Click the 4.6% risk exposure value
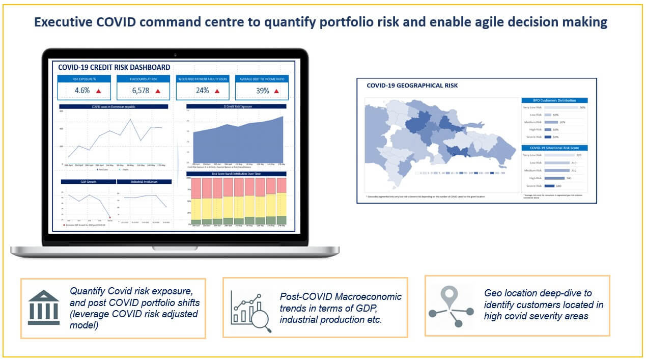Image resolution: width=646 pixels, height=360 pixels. (82, 91)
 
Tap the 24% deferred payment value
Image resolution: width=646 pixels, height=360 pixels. (202, 91)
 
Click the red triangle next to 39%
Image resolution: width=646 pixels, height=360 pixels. (276, 91)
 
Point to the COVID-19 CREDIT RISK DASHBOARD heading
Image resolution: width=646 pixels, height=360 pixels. (114, 67)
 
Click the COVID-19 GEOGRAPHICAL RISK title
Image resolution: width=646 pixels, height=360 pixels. (412, 86)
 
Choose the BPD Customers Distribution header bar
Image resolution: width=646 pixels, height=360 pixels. (554, 100)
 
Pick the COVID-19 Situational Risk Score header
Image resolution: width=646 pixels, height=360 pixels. (554, 148)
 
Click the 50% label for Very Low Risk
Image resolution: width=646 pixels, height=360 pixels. (582, 107)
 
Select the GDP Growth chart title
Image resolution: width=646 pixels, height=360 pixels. (89, 182)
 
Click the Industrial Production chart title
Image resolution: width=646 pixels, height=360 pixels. (145, 182)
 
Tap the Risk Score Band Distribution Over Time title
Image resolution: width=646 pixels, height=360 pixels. (236, 174)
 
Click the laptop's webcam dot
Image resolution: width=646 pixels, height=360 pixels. (175, 54)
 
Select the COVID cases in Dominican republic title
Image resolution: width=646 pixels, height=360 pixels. (114, 106)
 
